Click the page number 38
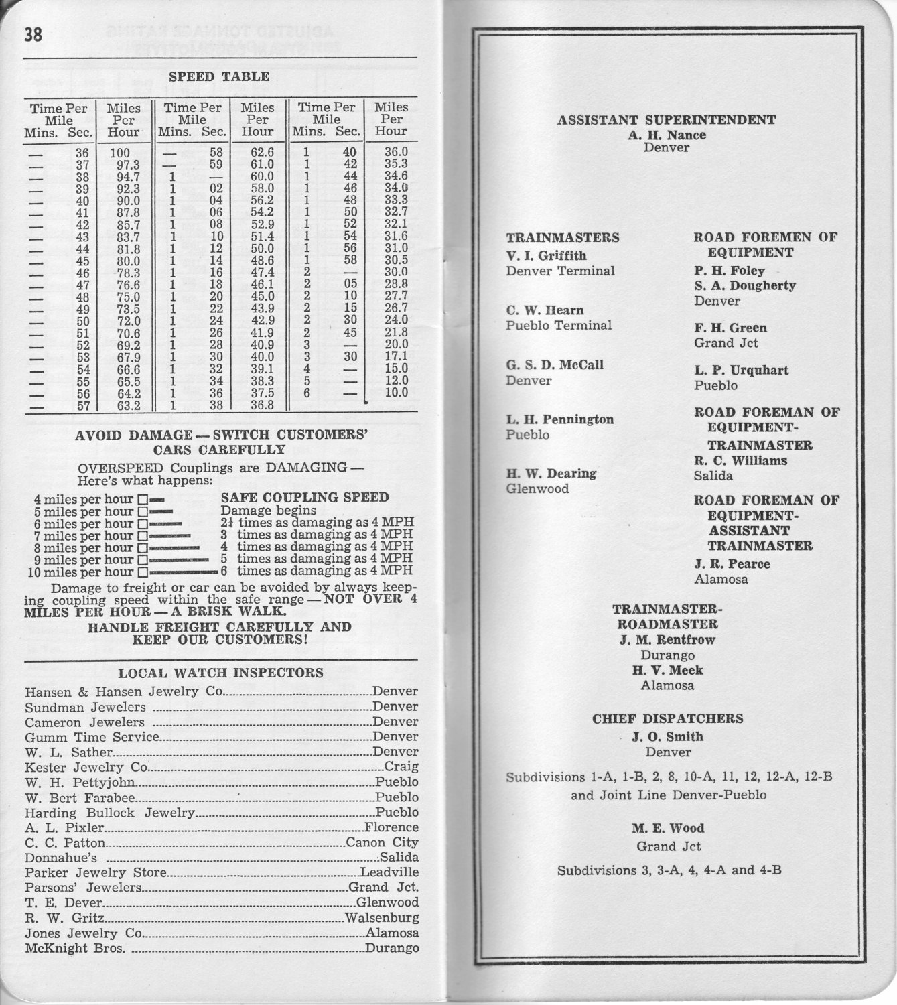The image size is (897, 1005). point(33,35)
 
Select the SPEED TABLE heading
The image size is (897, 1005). point(219,77)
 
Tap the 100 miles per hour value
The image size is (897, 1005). point(120,153)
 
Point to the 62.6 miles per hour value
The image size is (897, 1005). point(258,153)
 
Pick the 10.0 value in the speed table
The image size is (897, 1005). point(396,393)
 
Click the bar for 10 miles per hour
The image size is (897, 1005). point(184,572)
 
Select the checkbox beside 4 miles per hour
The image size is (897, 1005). point(142,500)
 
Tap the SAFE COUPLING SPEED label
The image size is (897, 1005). point(305,497)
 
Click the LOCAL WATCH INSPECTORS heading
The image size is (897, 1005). point(220,673)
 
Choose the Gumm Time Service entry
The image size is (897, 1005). point(92,737)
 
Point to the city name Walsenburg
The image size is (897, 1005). point(382,918)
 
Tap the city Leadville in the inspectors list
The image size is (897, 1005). point(389,872)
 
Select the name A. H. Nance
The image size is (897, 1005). point(667,135)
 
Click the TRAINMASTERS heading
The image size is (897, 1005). point(563,238)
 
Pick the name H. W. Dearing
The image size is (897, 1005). point(551,474)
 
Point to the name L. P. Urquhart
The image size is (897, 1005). point(741,371)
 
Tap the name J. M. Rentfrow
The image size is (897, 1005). point(667,640)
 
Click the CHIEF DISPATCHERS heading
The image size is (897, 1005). point(667,719)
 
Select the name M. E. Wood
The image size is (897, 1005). point(668,828)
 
